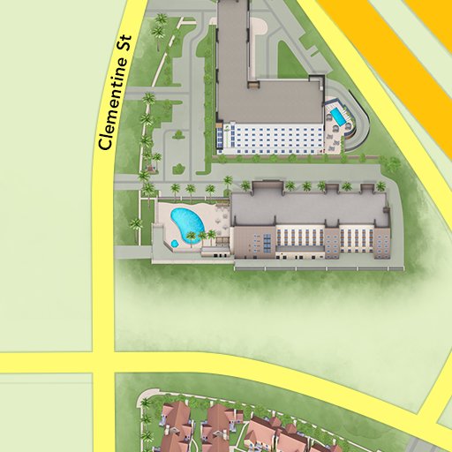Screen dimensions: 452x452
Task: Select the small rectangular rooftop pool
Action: pos(337,117)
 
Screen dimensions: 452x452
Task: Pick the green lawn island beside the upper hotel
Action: pos(291,62)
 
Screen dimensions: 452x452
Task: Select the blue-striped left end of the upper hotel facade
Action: pos(221,138)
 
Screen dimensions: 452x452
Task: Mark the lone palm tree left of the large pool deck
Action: pos(136,223)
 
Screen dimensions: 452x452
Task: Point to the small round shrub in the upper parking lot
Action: pos(179,135)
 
